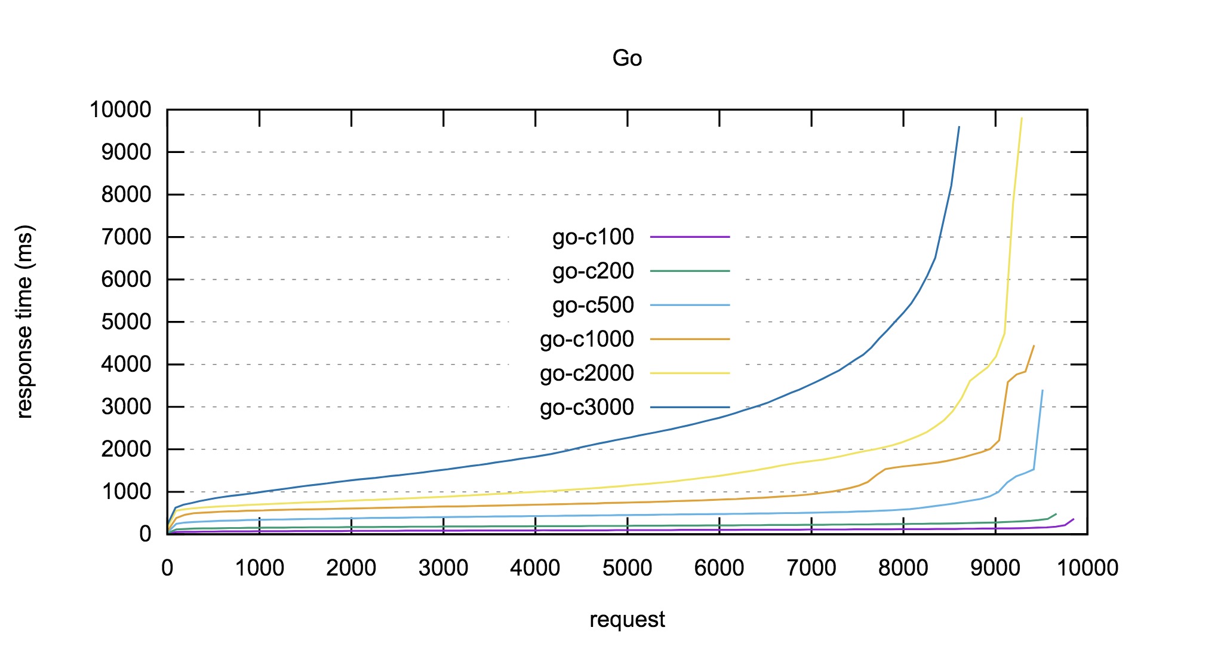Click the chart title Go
click(x=627, y=59)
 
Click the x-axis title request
click(x=627, y=620)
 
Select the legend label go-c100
click(x=593, y=237)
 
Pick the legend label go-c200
click(x=593, y=271)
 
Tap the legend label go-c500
click(x=593, y=305)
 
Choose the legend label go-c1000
click(x=587, y=339)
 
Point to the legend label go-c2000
click(x=587, y=374)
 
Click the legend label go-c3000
click(x=587, y=408)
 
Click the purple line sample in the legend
click(x=690, y=237)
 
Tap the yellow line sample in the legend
click(x=690, y=374)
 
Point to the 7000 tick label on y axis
click(x=126, y=237)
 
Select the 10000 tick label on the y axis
click(x=121, y=110)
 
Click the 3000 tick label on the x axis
click(x=443, y=568)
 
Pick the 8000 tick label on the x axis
click(x=903, y=568)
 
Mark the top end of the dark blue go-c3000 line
click(x=959, y=127)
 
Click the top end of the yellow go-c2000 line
click(x=1022, y=118)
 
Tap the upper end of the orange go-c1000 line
click(x=1034, y=345)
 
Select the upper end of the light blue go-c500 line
click(x=1043, y=390)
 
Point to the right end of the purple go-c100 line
click(x=1074, y=519)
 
